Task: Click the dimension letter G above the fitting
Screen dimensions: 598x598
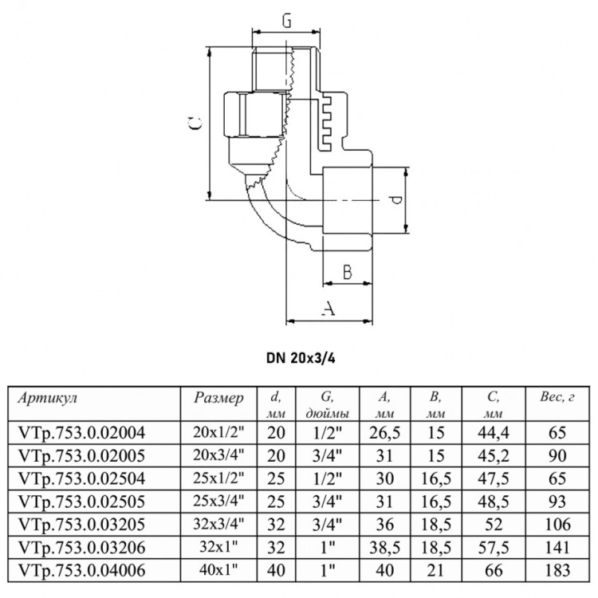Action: (286, 21)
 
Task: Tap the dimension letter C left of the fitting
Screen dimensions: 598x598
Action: (196, 123)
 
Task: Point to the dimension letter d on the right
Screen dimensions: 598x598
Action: (395, 200)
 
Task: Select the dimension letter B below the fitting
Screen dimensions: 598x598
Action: (347, 273)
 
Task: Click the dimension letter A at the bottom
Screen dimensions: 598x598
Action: (328, 308)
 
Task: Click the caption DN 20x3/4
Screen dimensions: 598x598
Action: (301, 359)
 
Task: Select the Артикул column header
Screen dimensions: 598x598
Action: (48, 399)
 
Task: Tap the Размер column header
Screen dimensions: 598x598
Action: (218, 399)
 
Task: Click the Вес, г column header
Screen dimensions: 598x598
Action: (557, 397)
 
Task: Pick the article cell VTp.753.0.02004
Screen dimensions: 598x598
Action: (81, 433)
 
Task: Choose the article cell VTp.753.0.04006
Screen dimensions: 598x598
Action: (81, 571)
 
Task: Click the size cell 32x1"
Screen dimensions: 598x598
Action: (218, 547)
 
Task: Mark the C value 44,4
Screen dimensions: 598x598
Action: (494, 433)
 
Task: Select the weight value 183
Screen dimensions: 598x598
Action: (557, 571)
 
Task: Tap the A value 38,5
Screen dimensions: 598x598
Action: (384, 548)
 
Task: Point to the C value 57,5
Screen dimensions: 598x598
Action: (494, 548)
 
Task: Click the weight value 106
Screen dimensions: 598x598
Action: (557, 525)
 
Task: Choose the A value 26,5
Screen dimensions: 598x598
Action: (384, 433)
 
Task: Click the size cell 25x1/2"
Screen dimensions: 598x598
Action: (218, 478)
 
